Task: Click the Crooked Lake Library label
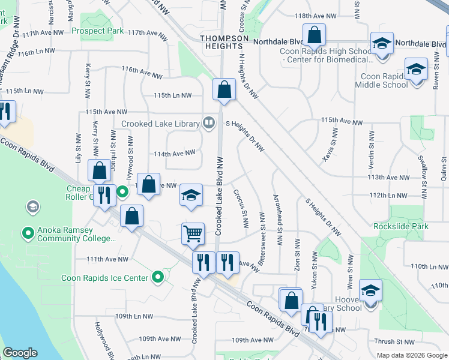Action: [x=160, y=124]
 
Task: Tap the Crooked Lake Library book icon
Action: [x=208, y=123]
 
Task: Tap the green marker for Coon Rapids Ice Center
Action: [x=158, y=277]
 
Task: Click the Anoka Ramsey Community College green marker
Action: [x=27, y=232]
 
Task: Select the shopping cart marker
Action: [x=193, y=233]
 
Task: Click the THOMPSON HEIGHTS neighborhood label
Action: [x=224, y=43]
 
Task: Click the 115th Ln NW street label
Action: [x=172, y=95]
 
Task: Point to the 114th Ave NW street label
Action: [x=175, y=153]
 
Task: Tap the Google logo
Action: [x=20, y=353]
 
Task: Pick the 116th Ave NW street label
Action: [x=142, y=74]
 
